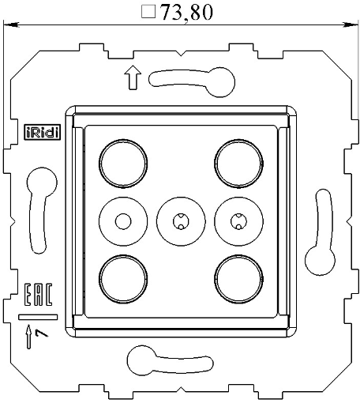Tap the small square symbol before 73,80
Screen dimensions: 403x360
pyautogui.click(x=146, y=13)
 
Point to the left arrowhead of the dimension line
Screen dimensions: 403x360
pyautogui.click(x=9, y=26)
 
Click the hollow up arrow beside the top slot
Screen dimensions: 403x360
pyautogui.click(x=132, y=77)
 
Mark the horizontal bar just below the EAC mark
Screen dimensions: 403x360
pyautogui.click(x=36, y=316)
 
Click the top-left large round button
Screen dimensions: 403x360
pyautogui.click(x=123, y=161)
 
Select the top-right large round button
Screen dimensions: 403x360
pyautogui.click(x=237, y=161)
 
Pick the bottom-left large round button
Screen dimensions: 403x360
pyautogui.click(x=123, y=276)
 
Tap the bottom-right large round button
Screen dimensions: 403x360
pyautogui.click(x=237, y=276)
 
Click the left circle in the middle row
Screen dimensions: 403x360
pyautogui.click(x=123, y=219)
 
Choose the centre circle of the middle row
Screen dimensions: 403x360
pyautogui.click(x=180, y=219)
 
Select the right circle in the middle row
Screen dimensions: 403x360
pyautogui.click(x=237, y=219)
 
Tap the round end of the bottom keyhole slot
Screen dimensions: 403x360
pyautogui.click(x=139, y=360)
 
